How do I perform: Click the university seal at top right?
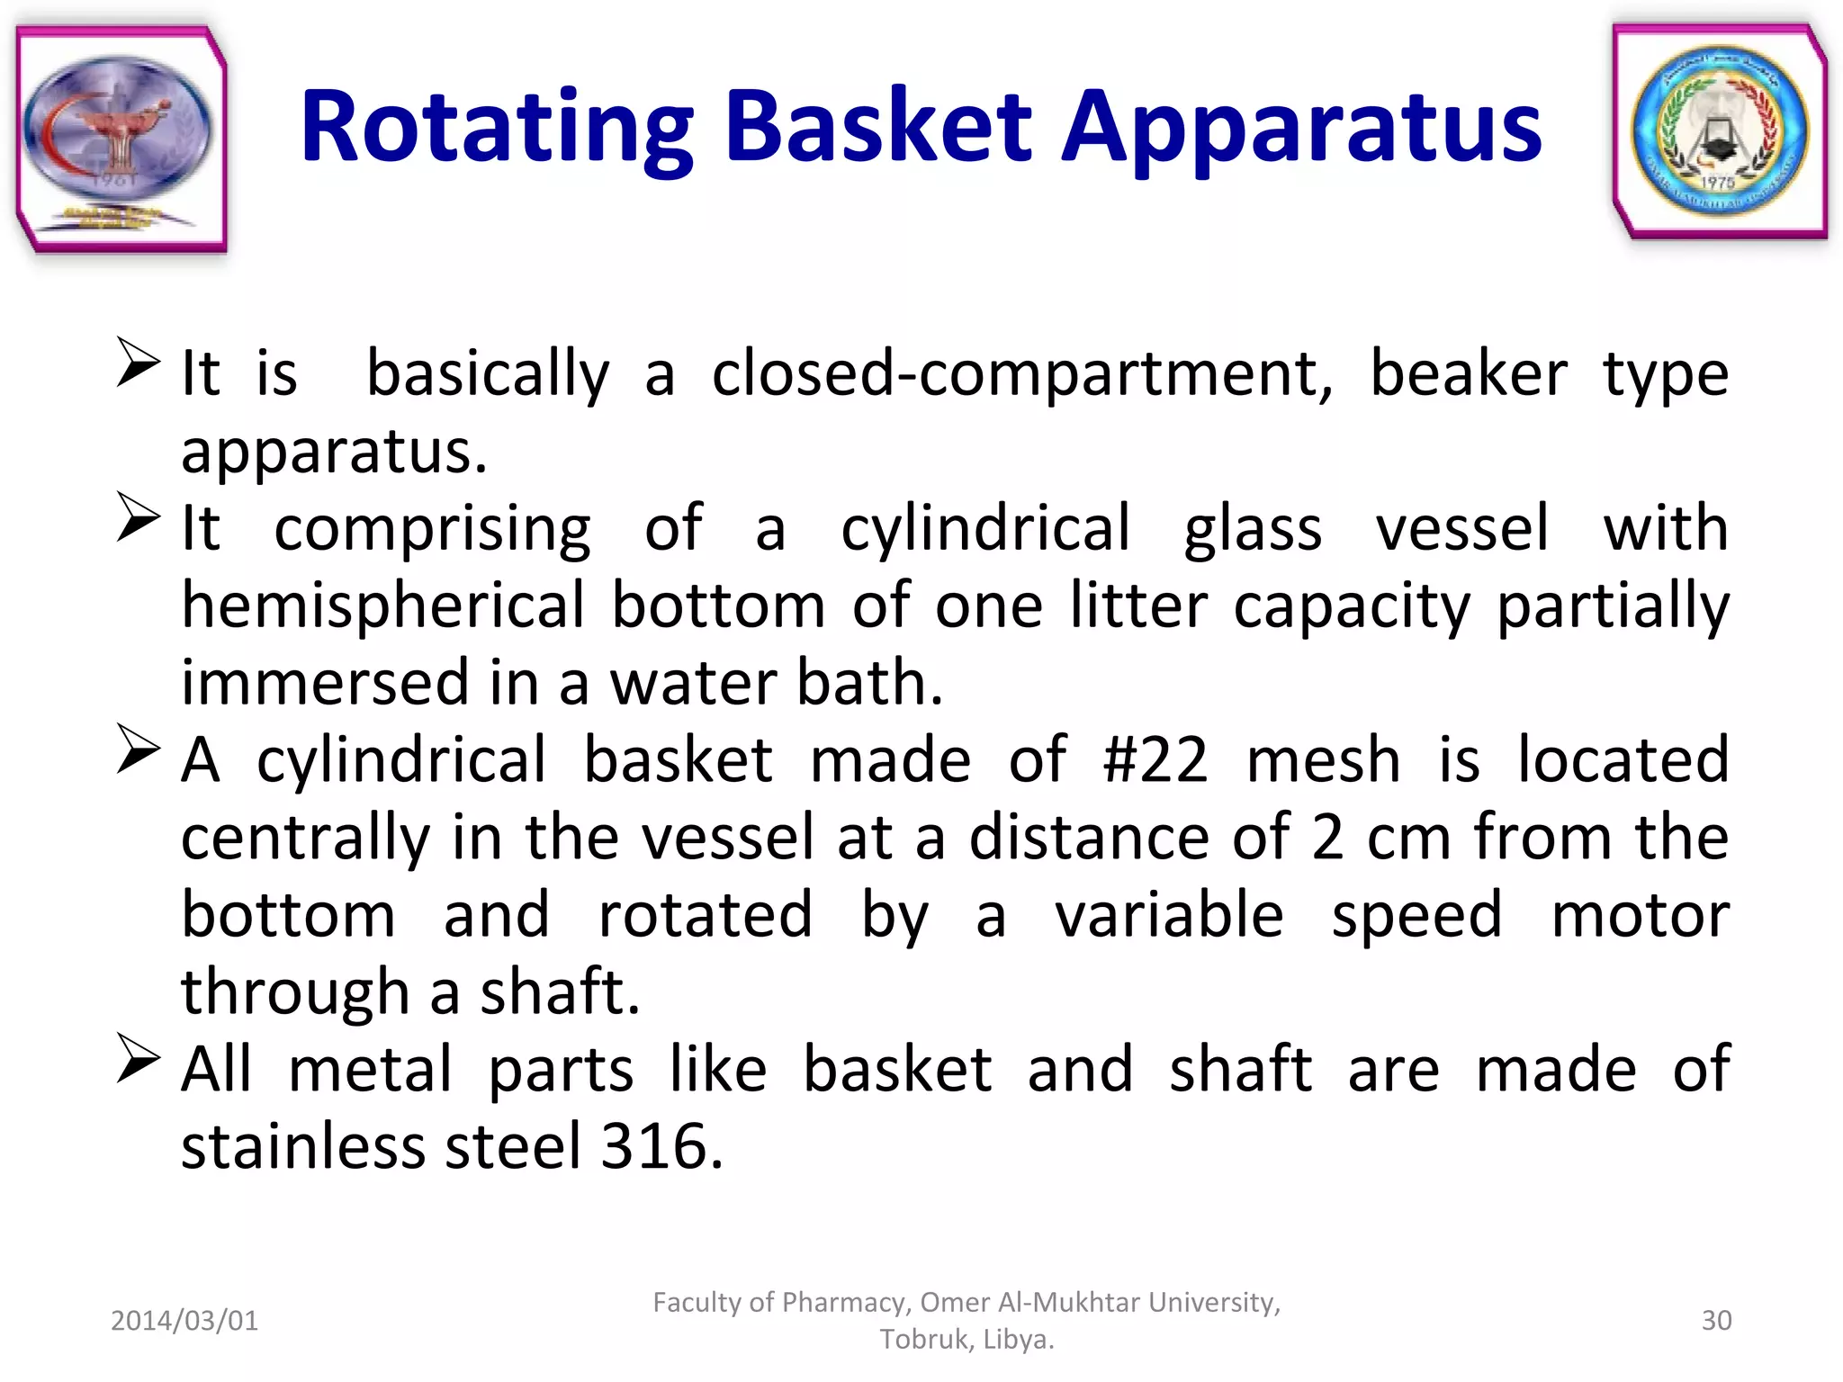[x=1720, y=131]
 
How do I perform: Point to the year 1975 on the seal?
[x=1717, y=183]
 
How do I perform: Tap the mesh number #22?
[x=1155, y=760]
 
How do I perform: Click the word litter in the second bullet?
[x=1138, y=605]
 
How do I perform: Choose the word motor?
[x=1640, y=915]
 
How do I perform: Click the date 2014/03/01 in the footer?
[x=184, y=1320]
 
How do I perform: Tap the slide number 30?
[x=1716, y=1320]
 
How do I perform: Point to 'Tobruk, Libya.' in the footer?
[x=966, y=1340]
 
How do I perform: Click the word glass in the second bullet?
[x=1253, y=529]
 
